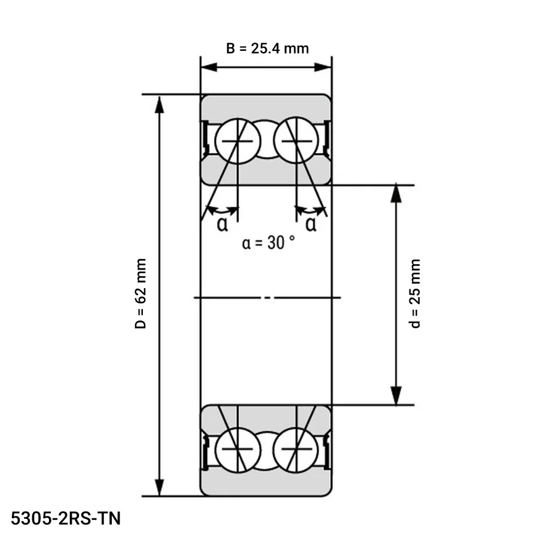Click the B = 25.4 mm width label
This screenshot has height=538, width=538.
(267, 48)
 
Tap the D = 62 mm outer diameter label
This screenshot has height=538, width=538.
(140, 294)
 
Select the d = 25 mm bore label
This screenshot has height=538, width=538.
(415, 294)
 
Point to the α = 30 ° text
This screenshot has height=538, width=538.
(268, 243)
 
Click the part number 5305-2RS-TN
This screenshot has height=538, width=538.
(66, 518)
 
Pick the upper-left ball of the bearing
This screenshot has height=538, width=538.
(238, 141)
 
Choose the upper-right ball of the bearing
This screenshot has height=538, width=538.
(296, 141)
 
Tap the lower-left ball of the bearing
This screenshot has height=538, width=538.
(238, 449)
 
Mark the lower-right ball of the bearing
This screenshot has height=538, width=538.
(296, 449)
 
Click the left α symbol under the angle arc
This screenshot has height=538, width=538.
(222, 224)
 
